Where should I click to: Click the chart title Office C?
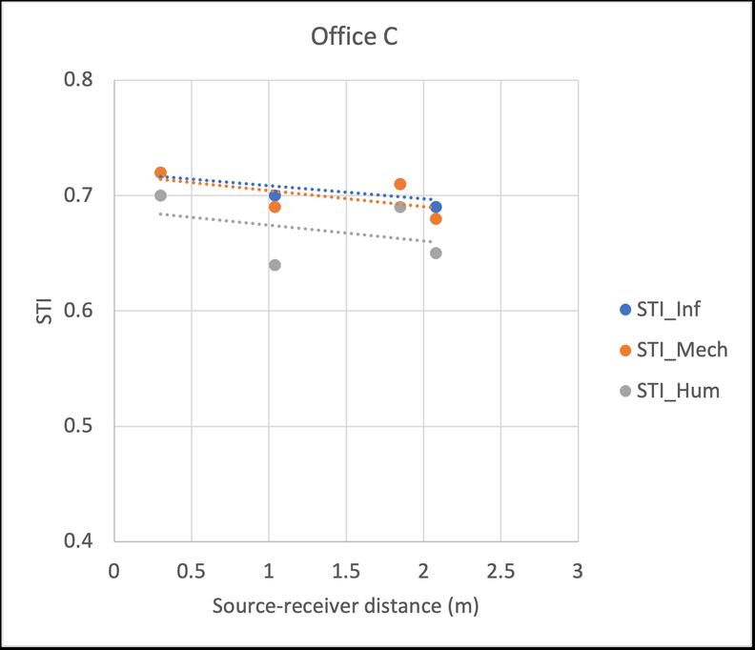[353, 38]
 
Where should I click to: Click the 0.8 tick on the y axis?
[84, 80]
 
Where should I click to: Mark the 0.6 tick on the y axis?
[84, 311]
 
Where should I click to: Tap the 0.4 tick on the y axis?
[84, 541]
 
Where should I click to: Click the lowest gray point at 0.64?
[275, 265]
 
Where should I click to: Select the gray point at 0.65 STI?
[436, 254]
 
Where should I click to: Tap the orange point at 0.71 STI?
[400, 184]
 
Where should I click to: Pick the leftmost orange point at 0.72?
[160, 173]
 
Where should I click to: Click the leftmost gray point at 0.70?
[160, 195]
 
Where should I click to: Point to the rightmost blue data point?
[436, 207]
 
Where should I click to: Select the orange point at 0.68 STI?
[436, 219]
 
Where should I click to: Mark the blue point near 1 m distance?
[275, 195]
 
